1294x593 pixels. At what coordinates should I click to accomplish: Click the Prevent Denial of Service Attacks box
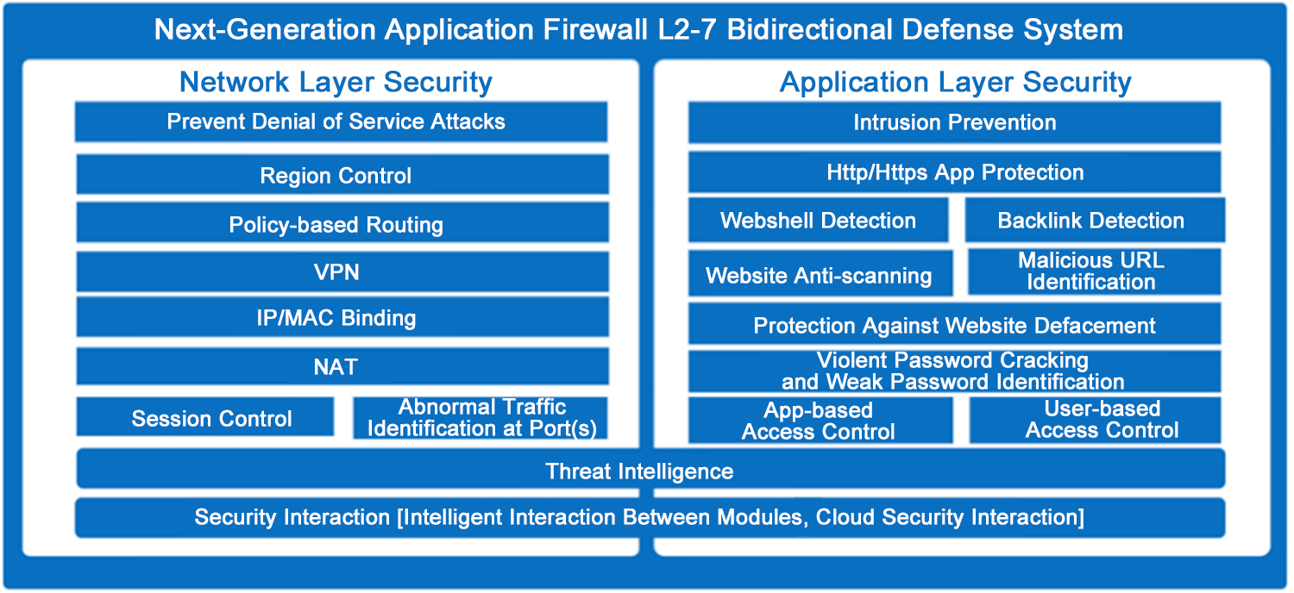[x=341, y=122]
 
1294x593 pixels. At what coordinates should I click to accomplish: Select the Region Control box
[x=342, y=175]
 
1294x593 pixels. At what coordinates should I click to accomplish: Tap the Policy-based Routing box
[x=342, y=224]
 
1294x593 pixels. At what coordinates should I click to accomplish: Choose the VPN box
[x=342, y=272]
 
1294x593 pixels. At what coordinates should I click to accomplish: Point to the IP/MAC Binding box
[x=342, y=317]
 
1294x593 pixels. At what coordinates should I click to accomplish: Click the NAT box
[x=342, y=366]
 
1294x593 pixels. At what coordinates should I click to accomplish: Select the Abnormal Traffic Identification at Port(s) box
[x=481, y=418]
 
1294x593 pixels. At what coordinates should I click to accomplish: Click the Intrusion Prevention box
[x=954, y=122]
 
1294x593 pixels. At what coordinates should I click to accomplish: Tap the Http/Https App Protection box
[x=954, y=172]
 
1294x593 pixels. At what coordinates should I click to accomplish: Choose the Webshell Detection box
[x=818, y=221]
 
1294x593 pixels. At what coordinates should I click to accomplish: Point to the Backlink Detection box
[x=1093, y=221]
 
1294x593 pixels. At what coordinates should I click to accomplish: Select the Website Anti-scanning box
[x=820, y=274]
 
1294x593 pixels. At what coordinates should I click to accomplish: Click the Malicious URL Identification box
[x=1093, y=272]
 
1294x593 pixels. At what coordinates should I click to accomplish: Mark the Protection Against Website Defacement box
[x=954, y=325]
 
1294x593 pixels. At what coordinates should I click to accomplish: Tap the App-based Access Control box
[x=820, y=421]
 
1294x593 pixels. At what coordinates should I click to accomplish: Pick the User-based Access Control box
[x=1095, y=420]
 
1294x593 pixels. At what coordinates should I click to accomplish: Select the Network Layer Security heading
[x=336, y=83]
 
